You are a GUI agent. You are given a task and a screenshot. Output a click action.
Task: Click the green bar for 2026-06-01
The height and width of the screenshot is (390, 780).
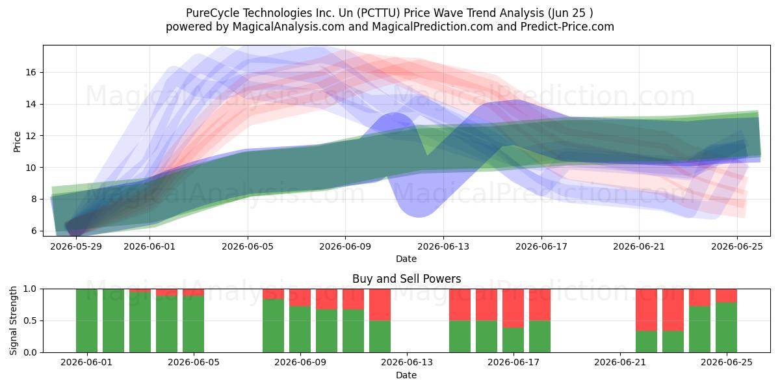86,320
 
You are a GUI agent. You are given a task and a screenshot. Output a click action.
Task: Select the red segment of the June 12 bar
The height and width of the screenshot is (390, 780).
380,305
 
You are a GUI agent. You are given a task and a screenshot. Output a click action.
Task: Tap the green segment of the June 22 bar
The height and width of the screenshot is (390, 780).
646,342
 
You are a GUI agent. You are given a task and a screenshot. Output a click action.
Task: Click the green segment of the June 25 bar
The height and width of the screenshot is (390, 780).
727,328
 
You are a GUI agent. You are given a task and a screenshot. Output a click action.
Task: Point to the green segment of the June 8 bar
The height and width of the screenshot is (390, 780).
274,326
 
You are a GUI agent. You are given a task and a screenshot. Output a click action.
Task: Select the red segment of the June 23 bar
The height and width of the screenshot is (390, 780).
673,310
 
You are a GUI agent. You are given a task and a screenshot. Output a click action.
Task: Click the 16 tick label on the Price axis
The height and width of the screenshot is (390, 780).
31,72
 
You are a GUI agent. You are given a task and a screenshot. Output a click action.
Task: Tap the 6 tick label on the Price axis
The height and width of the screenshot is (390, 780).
33,231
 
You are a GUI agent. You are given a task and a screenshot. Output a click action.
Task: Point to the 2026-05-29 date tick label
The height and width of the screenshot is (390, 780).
76,246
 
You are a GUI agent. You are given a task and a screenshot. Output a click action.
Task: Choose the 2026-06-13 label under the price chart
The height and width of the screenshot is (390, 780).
443,246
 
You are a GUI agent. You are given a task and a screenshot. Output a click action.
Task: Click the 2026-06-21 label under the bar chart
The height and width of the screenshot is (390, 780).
620,363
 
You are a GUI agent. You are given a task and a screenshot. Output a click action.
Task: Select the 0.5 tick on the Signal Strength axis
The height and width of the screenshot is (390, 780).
30,320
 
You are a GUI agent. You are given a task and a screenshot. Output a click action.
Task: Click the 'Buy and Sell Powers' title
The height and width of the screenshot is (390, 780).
407,279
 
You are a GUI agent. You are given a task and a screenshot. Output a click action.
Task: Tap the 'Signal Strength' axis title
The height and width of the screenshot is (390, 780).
13,320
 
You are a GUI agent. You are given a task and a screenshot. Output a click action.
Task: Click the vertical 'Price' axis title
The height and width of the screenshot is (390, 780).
17,142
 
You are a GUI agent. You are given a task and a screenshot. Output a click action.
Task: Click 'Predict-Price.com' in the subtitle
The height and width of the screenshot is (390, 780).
567,27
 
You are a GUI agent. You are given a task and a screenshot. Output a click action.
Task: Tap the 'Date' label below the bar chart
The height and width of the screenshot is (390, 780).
406,375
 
